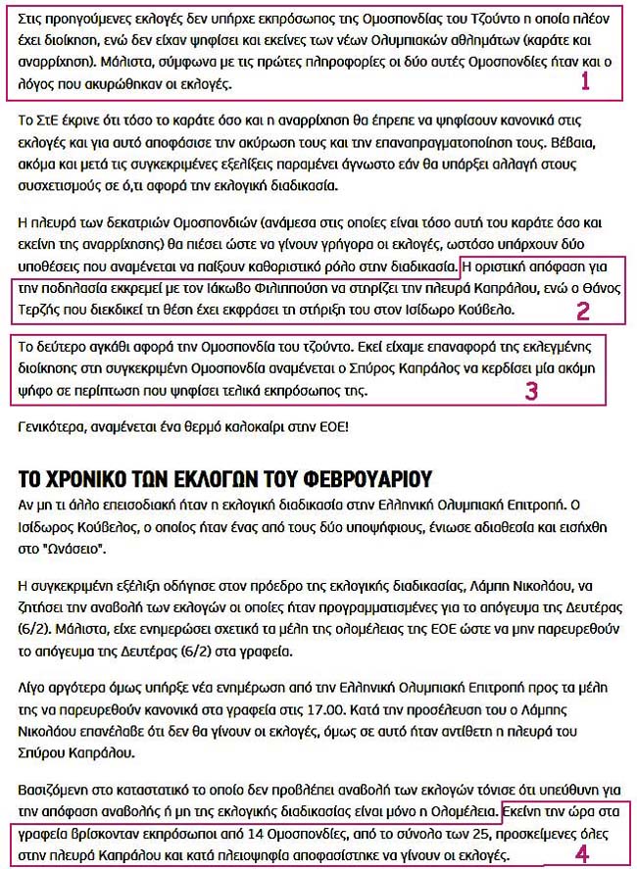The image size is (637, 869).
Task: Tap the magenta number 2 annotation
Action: tap(582, 312)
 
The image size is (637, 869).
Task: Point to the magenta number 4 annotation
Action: tap(582, 853)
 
